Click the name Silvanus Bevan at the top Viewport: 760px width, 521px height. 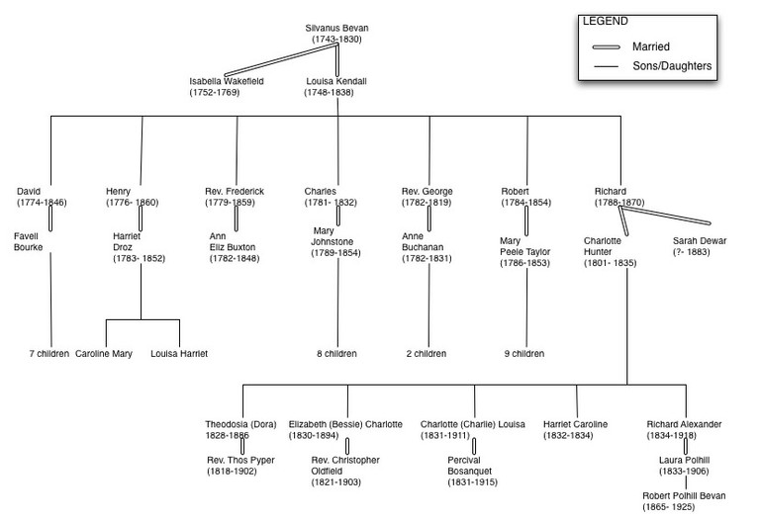[336, 27]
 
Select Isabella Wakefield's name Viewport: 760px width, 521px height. [227, 80]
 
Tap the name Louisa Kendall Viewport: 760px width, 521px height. [335, 80]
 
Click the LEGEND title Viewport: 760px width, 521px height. [604, 21]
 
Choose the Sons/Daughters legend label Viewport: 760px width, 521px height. [672, 66]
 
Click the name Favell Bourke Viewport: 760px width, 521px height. [29, 242]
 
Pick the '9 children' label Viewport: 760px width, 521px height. [523, 353]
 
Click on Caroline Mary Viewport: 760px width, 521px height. [104, 353]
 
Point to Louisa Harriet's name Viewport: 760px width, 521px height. [179, 353]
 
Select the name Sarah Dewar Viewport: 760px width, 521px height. [700, 240]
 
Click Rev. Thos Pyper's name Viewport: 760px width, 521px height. [240, 460]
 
